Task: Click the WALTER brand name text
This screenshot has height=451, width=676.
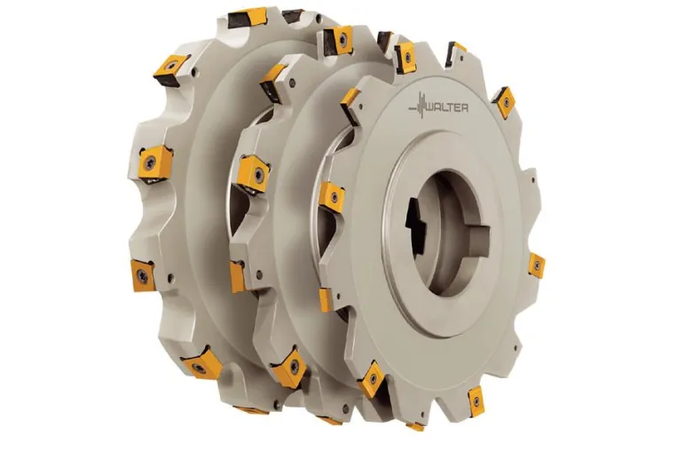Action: [x=447, y=107]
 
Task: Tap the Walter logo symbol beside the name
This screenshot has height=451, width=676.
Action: [x=417, y=106]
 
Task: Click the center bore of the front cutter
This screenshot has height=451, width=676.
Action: [x=448, y=233]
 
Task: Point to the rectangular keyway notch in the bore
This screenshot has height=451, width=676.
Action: [x=477, y=235]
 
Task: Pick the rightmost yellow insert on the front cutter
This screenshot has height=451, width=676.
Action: [x=537, y=265]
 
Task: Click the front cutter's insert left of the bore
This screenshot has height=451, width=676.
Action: [x=332, y=197]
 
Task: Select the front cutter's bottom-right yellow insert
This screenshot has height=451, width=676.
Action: [x=476, y=401]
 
